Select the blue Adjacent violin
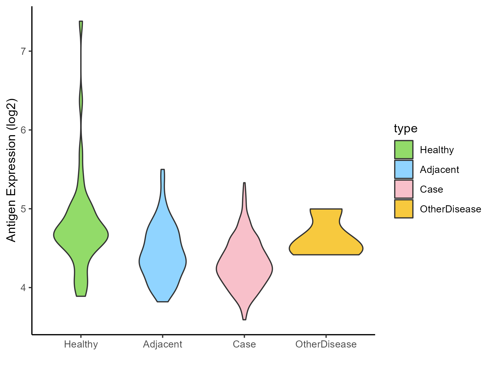(163, 260)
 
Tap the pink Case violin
(244, 269)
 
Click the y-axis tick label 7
(23, 51)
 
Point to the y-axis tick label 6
(23, 130)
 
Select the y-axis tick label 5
(23, 209)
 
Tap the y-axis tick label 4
(23, 288)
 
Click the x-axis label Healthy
(81, 344)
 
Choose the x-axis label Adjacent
(163, 344)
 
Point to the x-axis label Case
(244, 344)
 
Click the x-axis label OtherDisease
(326, 344)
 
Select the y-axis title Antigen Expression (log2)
(12, 170)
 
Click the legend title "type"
(406, 129)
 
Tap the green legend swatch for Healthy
(404, 150)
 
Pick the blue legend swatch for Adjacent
(404, 169)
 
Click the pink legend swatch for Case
(404, 189)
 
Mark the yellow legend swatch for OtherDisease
(404, 209)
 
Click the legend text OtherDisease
(450, 209)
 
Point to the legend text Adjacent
(439, 170)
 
